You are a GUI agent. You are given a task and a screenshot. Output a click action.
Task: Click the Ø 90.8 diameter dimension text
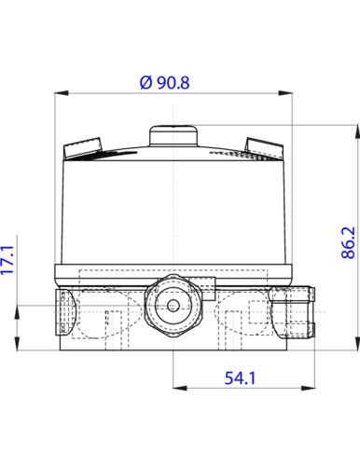pos(163,82)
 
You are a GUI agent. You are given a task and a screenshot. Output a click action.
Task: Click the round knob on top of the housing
pos(174,135)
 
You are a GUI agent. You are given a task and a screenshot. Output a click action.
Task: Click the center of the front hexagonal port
pos(174,305)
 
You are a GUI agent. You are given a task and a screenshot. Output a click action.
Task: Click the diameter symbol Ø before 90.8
pos(145,82)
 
